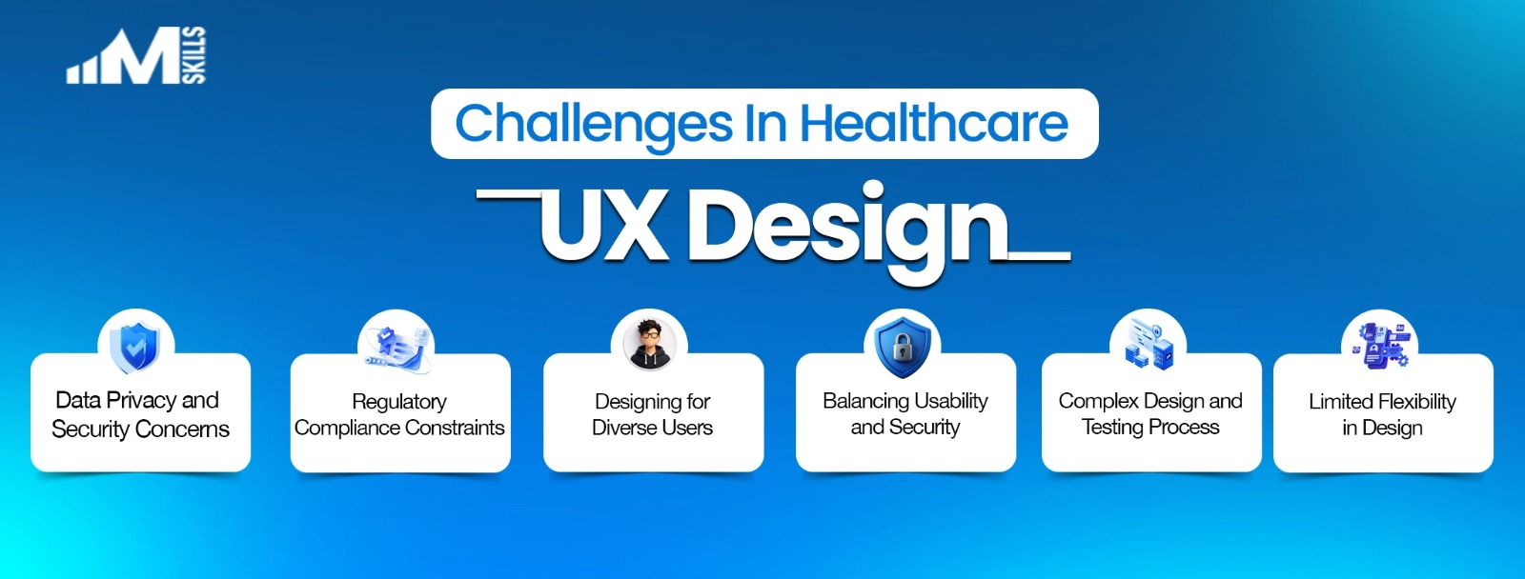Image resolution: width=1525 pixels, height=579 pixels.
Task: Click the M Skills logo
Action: pyautogui.click(x=136, y=57)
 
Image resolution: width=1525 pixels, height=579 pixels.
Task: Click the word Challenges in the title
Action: pyautogui.click(x=594, y=125)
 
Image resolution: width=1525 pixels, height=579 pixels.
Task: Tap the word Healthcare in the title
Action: pyautogui.click(x=934, y=124)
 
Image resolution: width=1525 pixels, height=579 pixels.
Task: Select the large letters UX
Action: pyautogui.click(x=602, y=226)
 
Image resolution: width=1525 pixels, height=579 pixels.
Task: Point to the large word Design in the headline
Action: pyautogui.click(x=847, y=229)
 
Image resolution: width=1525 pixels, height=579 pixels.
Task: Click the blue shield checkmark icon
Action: pyautogui.click(x=135, y=346)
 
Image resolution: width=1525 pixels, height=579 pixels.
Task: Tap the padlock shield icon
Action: pyautogui.click(x=902, y=346)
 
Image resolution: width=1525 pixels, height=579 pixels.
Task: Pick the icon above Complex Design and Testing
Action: pyautogui.click(x=1149, y=345)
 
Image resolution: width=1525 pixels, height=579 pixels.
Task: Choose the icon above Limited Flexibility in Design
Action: pyautogui.click(x=1381, y=345)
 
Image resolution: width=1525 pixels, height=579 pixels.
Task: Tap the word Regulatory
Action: pyautogui.click(x=398, y=402)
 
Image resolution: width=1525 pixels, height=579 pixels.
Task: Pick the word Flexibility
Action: pyautogui.click(x=1415, y=402)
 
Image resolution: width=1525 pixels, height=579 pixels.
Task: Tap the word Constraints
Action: pyautogui.click(x=455, y=428)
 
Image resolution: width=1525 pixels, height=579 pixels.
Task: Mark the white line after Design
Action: pyautogui.click(x=1040, y=256)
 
